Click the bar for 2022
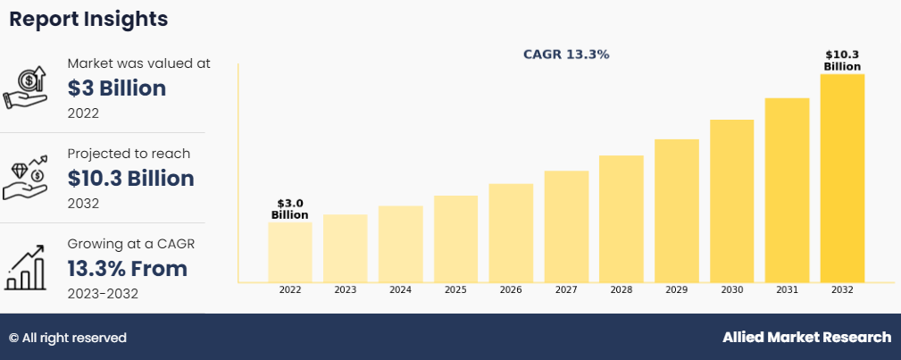tap(289, 252)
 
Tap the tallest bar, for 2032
tap(842, 178)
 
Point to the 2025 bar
tap(455, 239)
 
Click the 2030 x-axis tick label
tap(732, 290)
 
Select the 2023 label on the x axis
tap(346, 290)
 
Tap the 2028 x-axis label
tap(622, 290)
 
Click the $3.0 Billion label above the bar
tap(289, 209)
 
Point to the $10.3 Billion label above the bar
tap(842, 61)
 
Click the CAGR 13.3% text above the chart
tap(566, 54)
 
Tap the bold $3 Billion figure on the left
tap(117, 88)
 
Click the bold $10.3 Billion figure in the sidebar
tap(130, 179)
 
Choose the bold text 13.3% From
tap(128, 269)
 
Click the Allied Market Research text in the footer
tap(806, 338)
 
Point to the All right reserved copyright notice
tap(68, 338)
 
